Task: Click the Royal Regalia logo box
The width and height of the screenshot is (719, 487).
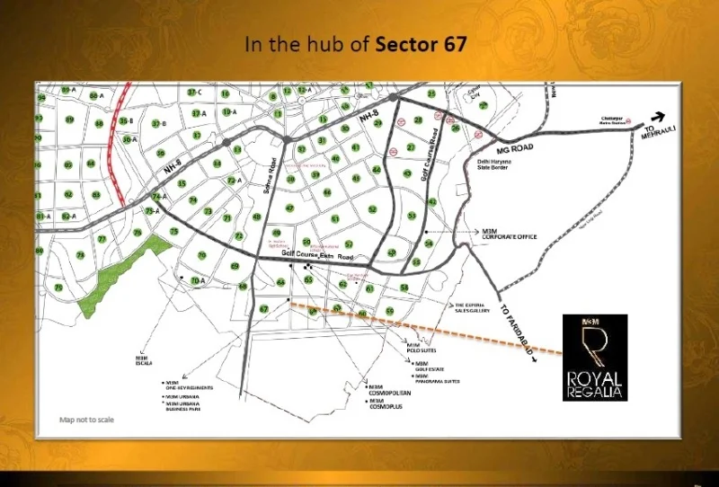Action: coord(594,357)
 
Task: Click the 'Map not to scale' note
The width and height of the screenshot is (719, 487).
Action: coord(87,420)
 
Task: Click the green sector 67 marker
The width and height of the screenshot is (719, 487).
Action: coord(263,310)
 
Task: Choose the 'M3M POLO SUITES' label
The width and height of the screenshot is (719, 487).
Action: coord(414,348)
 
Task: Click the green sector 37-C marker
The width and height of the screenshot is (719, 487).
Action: coord(194,93)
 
